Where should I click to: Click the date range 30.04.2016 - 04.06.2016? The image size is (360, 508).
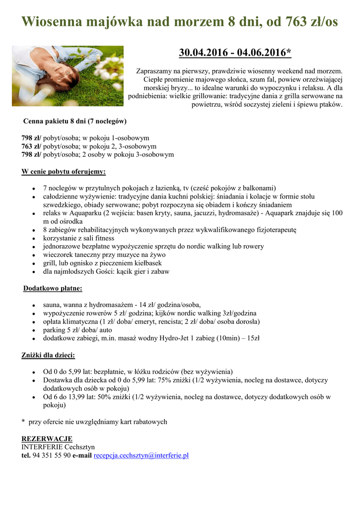tap(234, 53)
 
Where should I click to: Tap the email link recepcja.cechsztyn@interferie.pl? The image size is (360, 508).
tap(141, 455)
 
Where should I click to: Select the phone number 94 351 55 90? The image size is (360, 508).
tap(52, 455)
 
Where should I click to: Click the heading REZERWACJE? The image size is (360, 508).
tap(47, 439)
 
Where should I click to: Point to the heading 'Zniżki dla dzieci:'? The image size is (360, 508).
tap(48, 355)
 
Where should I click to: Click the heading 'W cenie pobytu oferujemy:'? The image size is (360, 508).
tap(64, 172)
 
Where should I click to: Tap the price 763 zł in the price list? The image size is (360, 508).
tap(31, 146)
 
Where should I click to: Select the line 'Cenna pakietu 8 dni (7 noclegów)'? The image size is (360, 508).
tap(75, 121)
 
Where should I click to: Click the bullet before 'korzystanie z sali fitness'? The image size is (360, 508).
tap(32, 239)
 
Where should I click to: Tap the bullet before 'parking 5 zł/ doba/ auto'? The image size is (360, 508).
tap(32, 330)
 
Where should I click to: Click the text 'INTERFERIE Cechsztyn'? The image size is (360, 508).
tap(58, 446)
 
